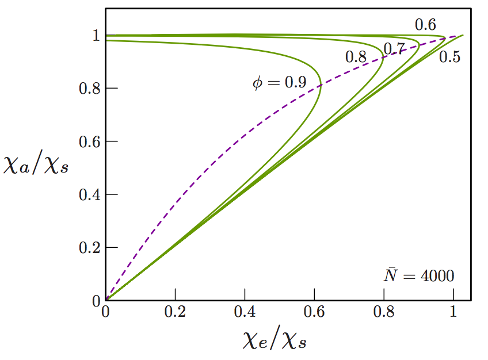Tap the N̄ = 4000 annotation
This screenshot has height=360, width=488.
(x=419, y=275)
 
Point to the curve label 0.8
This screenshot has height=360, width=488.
(x=356, y=57)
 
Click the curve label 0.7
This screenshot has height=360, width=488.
(x=394, y=49)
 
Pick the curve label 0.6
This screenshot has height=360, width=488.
(x=426, y=25)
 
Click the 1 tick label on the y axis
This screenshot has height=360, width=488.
(x=96, y=36)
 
